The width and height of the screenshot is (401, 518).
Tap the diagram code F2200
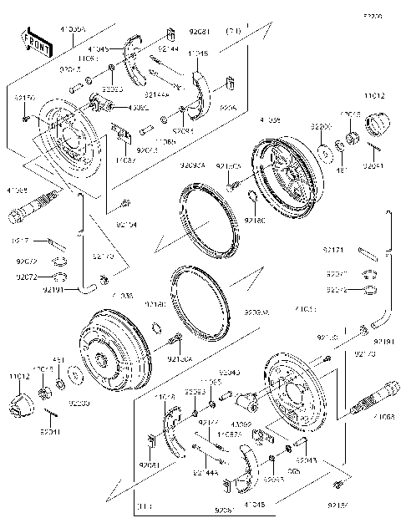point(373,16)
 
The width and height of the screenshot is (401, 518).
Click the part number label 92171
point(332,250)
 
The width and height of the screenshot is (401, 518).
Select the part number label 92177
point(209,424)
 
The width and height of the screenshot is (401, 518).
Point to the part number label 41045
point(98,49)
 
